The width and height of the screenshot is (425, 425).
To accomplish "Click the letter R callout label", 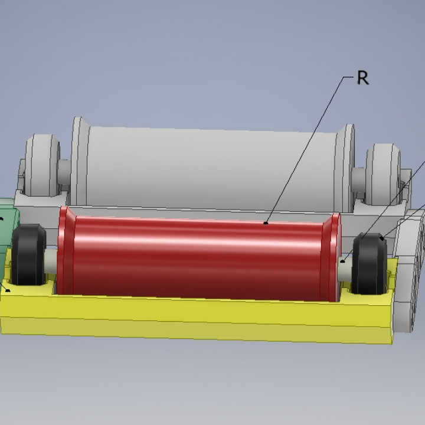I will (363, 78).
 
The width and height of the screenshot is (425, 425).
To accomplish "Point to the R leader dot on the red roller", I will (266, 223).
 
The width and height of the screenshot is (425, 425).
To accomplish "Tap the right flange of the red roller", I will (334, 257).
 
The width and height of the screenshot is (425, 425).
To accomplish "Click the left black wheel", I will (29, 255).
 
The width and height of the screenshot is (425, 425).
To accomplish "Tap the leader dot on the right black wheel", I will (382, 238).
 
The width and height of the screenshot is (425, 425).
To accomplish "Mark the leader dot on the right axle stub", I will (342, 260).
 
